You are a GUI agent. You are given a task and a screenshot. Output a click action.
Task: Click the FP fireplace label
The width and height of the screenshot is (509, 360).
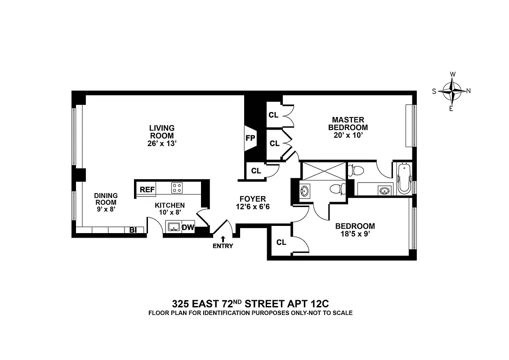coord(250,139)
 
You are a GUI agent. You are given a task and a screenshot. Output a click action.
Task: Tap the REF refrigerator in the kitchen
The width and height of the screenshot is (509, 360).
coord(147,189)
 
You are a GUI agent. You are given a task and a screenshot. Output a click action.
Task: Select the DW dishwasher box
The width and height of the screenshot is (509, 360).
coord(188,228)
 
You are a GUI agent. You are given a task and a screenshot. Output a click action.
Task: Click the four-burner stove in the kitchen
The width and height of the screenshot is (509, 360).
coord(177,187)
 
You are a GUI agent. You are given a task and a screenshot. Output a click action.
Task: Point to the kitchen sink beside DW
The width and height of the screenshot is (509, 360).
coord(173,227)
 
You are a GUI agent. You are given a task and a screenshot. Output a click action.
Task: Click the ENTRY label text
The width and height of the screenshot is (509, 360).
coord(223,246)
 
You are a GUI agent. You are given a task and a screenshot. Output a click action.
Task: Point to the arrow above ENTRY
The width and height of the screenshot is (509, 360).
coord(223,238)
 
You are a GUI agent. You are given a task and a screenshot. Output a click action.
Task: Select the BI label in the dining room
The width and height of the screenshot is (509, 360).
coord(133,230)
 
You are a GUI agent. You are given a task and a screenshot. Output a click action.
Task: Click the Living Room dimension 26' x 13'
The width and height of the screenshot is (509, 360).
coord(161,143)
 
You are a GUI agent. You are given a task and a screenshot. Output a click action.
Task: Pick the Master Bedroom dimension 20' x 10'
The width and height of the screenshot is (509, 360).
coord(348,135)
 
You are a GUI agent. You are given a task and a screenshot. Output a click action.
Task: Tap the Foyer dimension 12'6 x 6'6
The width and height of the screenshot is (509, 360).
coord(252,207)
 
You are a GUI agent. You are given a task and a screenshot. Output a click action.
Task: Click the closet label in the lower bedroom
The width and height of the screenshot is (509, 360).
coord(281,243)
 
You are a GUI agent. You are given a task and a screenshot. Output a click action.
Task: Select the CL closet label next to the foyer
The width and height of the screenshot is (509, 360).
coord(256,171)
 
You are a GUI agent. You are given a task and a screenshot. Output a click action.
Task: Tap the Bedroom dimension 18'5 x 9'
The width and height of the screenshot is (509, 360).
coord(355,234)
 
